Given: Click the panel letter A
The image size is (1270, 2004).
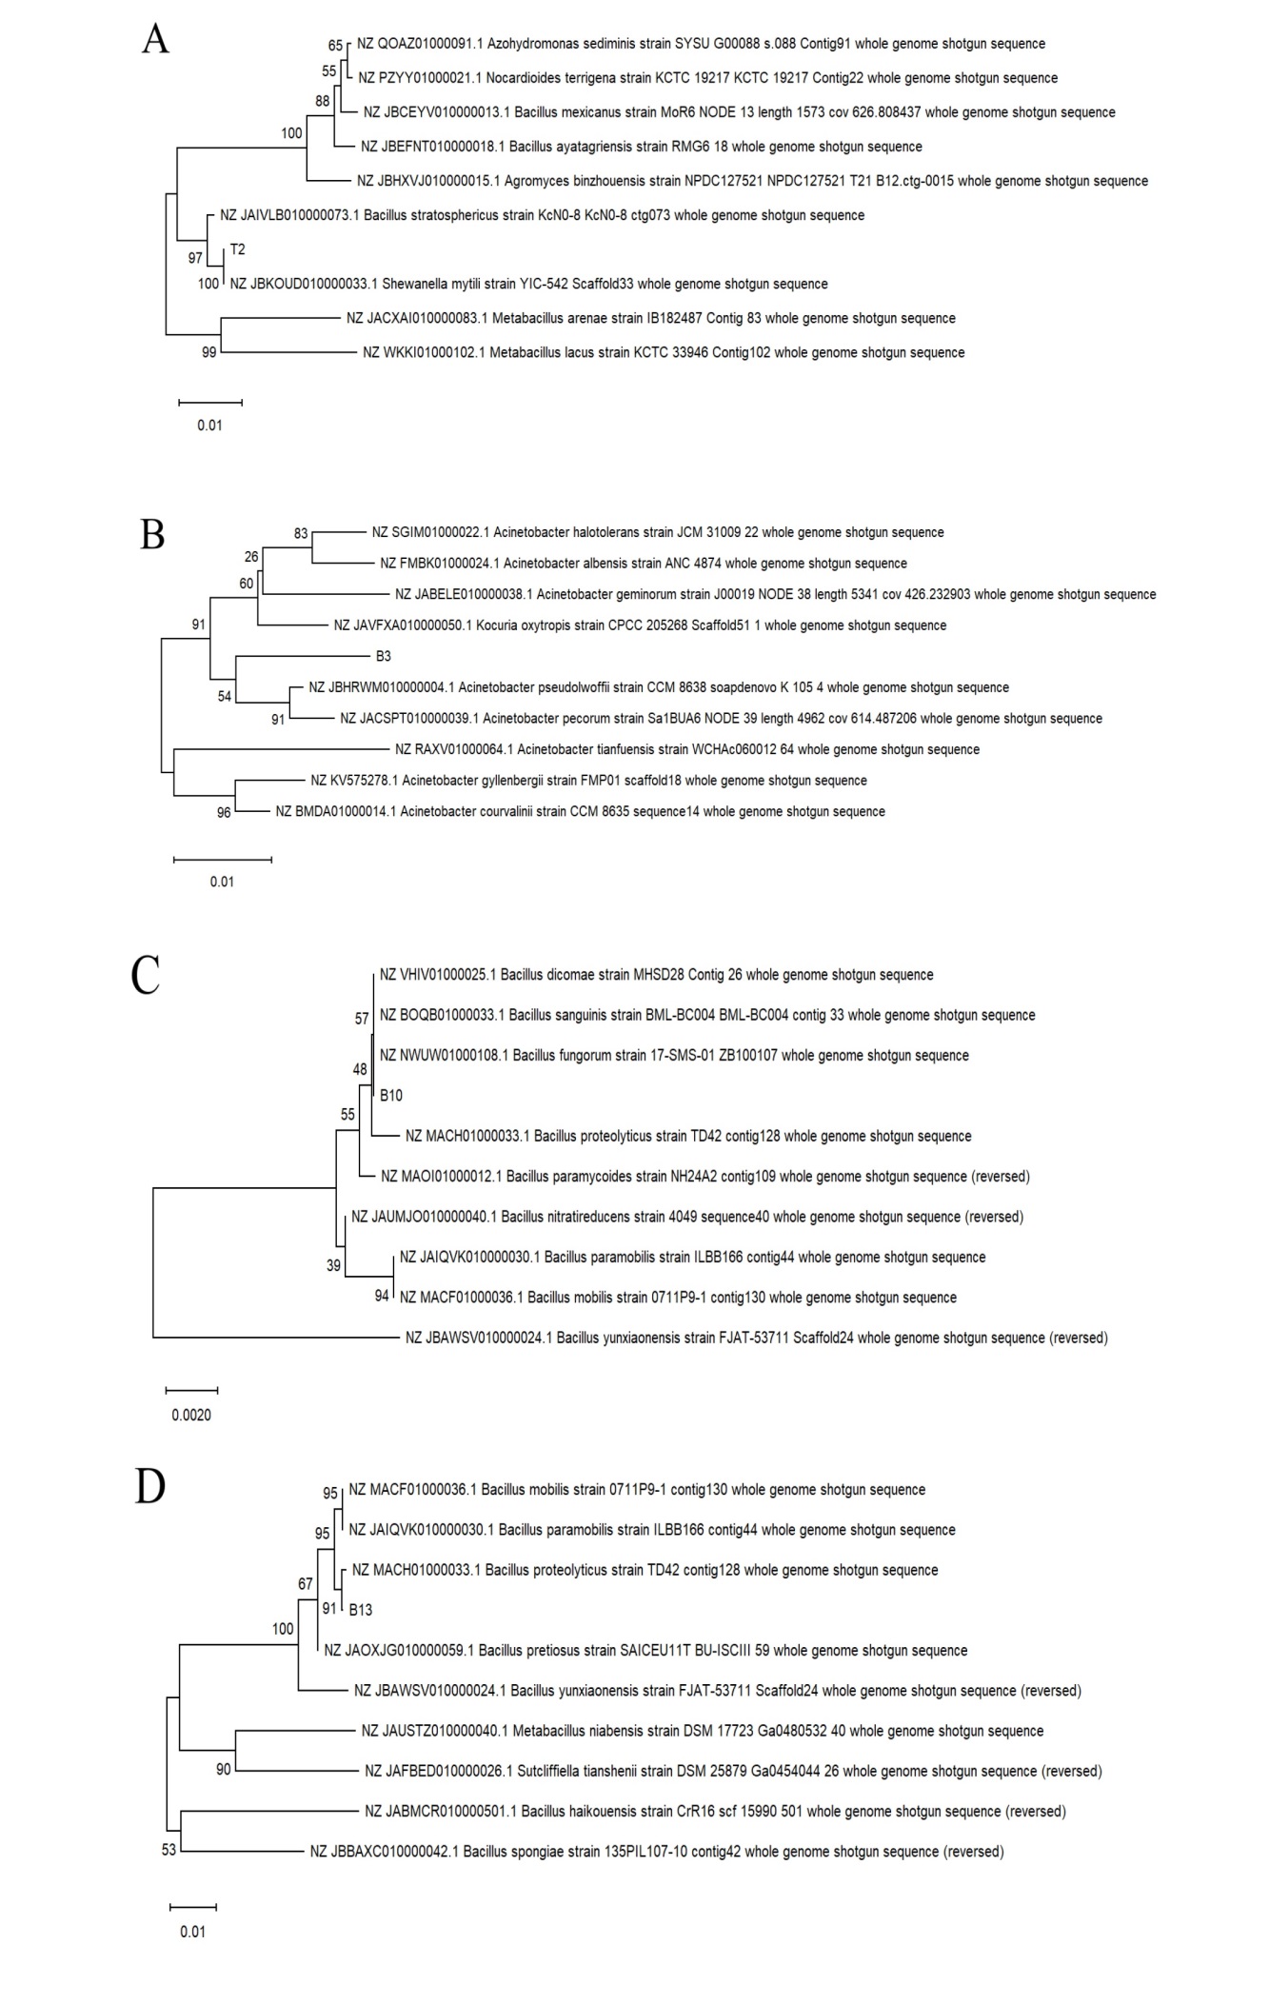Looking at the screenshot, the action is (155, 39).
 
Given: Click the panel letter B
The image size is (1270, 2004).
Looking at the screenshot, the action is (152, 534).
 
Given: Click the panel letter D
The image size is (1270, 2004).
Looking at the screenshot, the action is (150, 1487).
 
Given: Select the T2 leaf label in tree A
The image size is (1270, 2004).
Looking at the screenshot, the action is (238, 249).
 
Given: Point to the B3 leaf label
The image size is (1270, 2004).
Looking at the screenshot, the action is (383, 656).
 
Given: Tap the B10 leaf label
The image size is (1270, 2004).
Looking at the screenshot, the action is (391, 1096).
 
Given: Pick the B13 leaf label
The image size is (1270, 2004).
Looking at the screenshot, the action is (361, 1610).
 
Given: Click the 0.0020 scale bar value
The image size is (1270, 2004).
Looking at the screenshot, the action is (191, 1415).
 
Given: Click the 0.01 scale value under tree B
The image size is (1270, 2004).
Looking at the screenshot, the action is (222, 882).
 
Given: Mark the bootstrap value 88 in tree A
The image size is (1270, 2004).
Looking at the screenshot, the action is (323, 101).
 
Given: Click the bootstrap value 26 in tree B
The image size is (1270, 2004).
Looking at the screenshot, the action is (251, 557).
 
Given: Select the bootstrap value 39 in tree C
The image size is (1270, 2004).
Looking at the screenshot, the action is (333, 1266).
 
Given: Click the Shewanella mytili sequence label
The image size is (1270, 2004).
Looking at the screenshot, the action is (528, 284).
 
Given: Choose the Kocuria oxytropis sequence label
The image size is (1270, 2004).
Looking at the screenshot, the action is (640, 625).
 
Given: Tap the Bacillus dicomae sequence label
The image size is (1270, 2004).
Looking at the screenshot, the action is (656, 975).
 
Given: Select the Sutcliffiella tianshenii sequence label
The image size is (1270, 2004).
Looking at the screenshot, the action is (733, 1772).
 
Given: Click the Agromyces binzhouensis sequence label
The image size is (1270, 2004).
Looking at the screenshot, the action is (752, 181).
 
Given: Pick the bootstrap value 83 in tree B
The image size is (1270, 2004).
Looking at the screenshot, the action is (301, 534).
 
